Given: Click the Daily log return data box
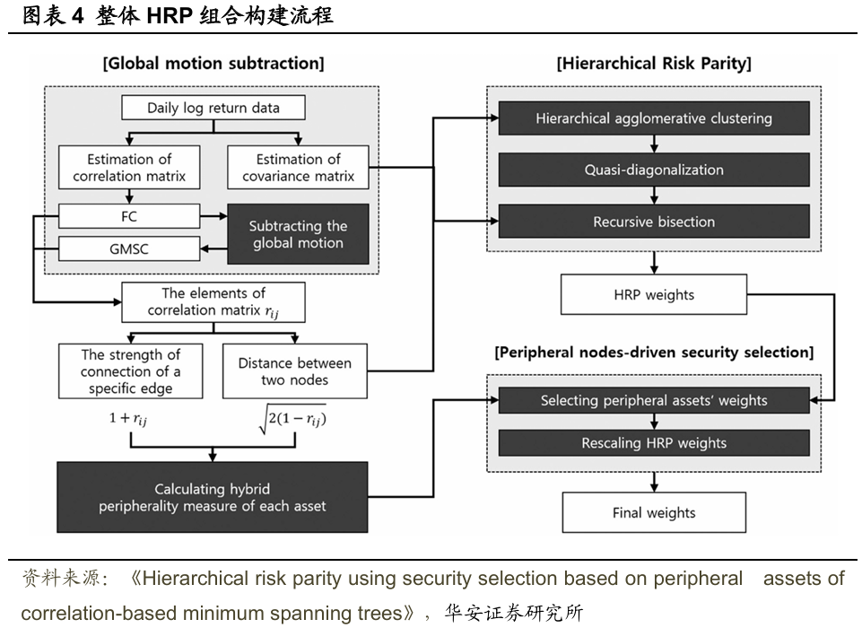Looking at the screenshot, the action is click(213, 108).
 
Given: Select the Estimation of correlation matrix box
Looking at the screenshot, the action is click(129, 167).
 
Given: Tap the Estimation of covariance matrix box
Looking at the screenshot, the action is click(298, 167).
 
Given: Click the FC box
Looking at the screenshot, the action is click(129, 216).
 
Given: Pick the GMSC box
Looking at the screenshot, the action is click(129, 249).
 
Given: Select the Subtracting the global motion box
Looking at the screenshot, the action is click(298, 234).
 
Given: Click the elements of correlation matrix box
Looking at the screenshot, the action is click(213, 302).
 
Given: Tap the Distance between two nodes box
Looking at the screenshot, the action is click(295, 371).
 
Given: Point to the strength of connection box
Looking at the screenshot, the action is click(131, 371).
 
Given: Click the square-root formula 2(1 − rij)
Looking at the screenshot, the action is click(292, 419).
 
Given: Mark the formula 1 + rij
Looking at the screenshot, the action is click(128, 418).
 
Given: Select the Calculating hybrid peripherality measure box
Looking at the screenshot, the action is click(213, 497).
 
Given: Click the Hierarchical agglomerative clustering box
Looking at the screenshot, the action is click(654, 118).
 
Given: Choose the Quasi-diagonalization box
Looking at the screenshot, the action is click(654, 170).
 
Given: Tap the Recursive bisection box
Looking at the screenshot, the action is click(654, 222).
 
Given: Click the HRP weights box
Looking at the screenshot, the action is click(654, 295).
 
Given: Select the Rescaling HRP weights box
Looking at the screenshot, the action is click(654, 442).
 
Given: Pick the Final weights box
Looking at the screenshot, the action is click(654, 512).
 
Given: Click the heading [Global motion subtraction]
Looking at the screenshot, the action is click(213, 63).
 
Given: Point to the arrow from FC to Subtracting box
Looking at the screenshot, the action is click(213, 216).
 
